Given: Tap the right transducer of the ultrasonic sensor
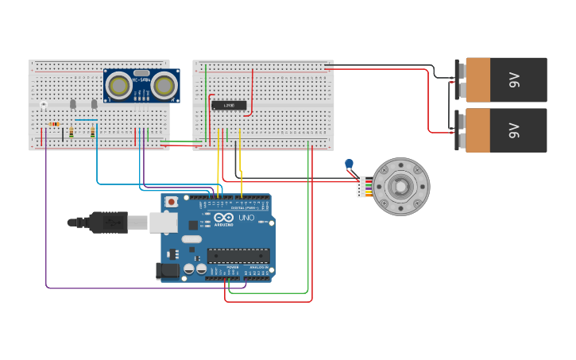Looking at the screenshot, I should point(164,85).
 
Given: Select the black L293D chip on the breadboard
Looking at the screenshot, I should point(229,106).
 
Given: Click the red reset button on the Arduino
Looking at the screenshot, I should point(171,202).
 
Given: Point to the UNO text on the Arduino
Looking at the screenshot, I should point(246,218).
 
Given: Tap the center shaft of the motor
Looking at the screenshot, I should point(401,187).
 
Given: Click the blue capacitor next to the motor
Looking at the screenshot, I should point(349,165).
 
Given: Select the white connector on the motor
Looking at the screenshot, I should point(361,187).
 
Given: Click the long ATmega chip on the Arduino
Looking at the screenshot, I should point(238,255).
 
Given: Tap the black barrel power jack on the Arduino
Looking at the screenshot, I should point(168,271).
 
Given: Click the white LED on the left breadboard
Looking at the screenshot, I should point(44,104).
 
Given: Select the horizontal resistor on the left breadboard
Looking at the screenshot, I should point(54,124).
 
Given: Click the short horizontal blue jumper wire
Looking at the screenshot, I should point(87,120).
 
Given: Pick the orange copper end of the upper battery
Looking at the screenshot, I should point(477,79).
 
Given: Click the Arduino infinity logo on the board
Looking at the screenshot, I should point(223,218).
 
